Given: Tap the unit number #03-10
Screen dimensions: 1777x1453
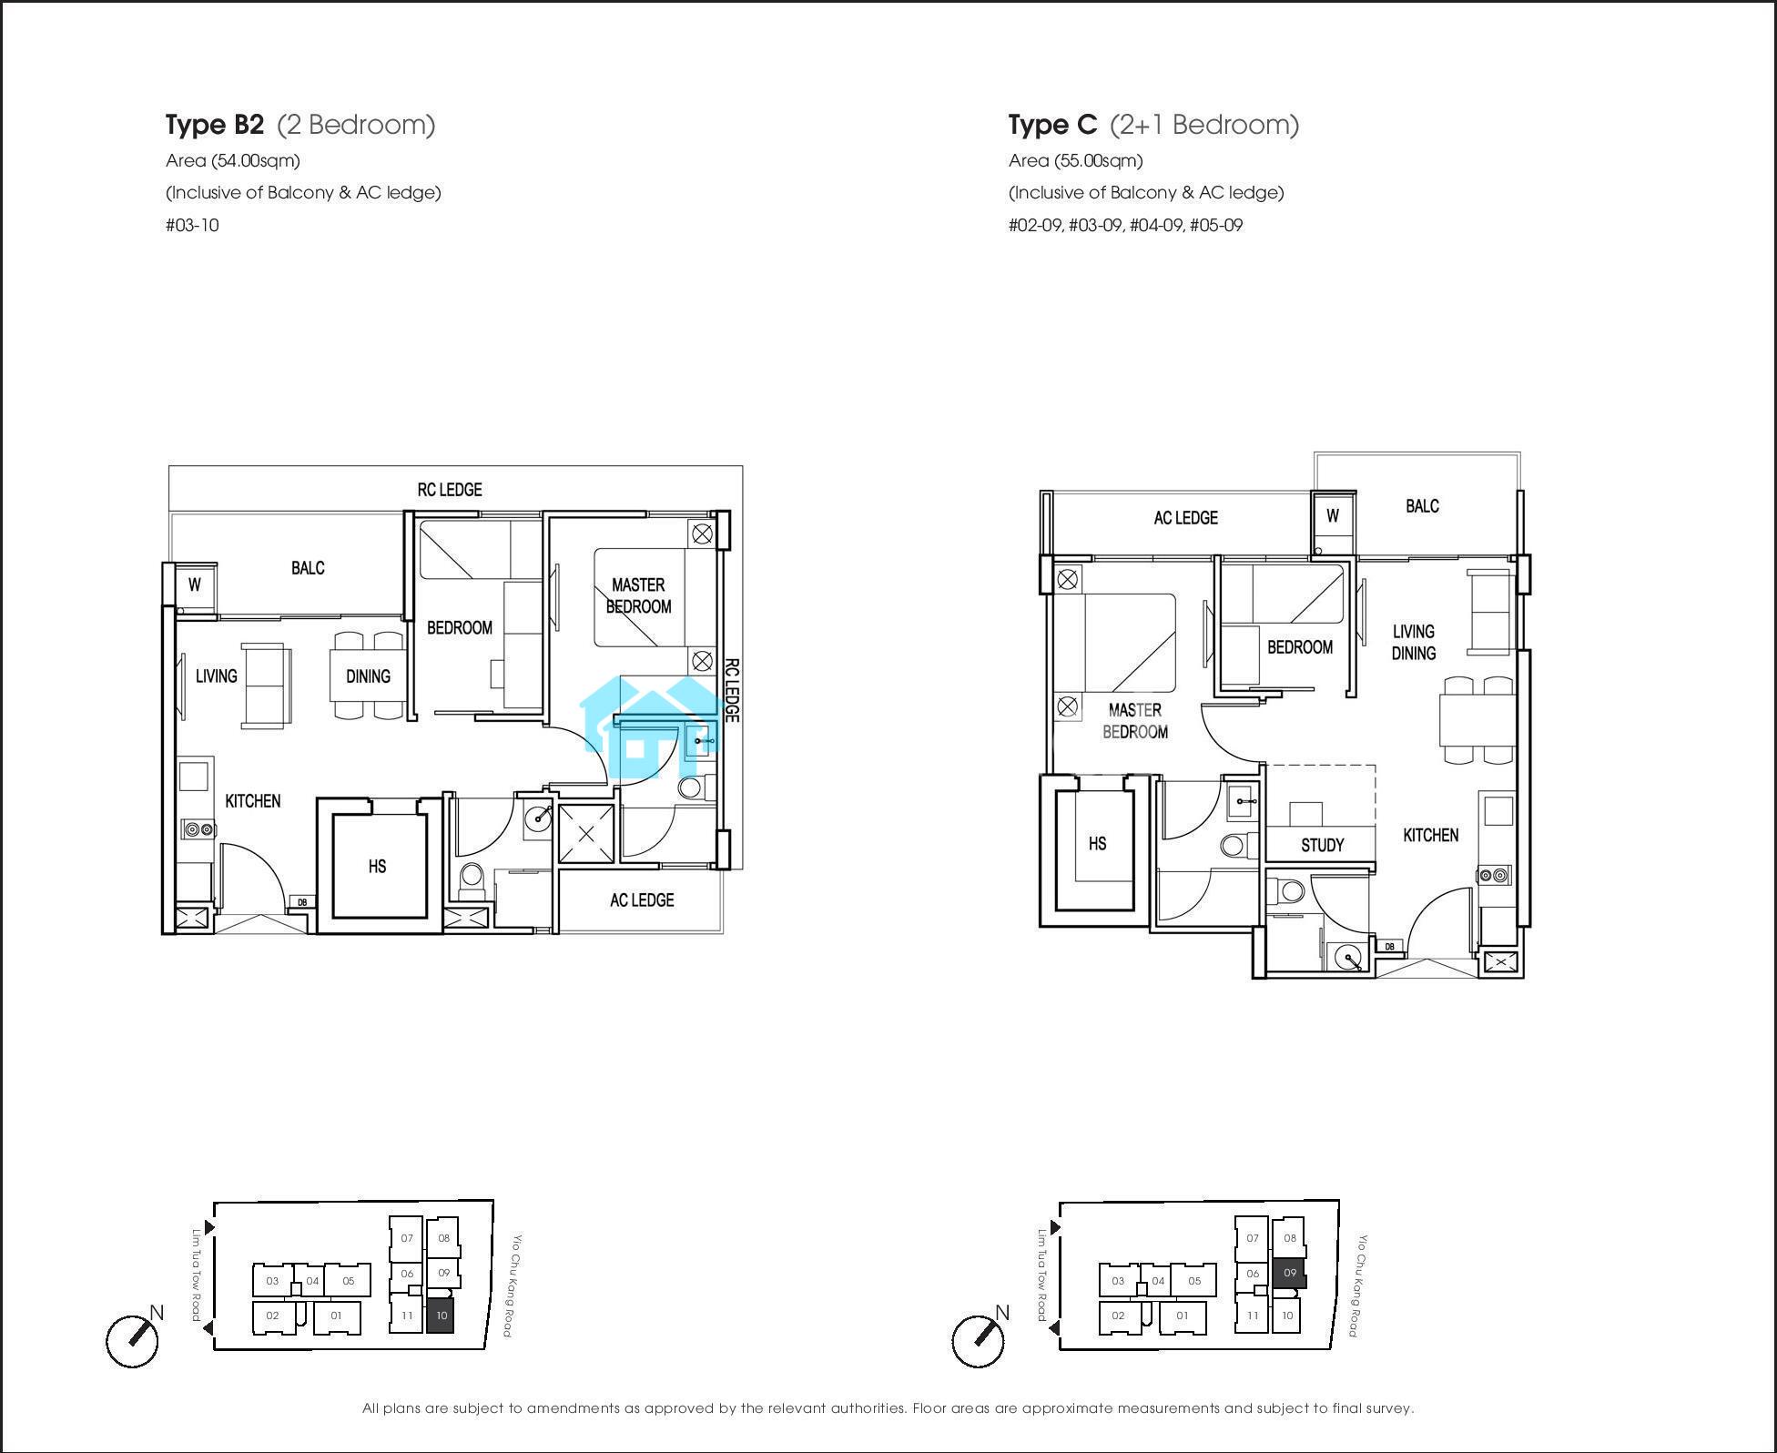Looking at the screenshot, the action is click(192, 225).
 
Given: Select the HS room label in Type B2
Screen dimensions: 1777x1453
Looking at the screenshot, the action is click(377, 866).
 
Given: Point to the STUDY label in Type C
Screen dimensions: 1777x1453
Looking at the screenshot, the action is click(1322, 845).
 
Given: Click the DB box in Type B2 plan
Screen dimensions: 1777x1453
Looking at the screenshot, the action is click(302, 902).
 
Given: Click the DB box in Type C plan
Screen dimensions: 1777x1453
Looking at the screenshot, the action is click(1389, 947).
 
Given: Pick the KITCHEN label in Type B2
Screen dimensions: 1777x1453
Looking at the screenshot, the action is click(253, 801).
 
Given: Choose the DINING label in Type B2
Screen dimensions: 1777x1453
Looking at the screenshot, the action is click(368, 676).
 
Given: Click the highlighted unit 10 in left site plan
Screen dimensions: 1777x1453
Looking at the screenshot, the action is click(441, 1316).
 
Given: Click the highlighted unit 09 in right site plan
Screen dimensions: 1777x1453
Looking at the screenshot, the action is click(1289, 1273).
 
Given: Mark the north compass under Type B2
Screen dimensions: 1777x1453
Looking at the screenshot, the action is click(133, 1339).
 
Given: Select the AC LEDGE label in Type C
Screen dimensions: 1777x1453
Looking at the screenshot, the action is click(1185, 518).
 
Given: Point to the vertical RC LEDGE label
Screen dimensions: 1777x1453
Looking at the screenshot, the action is click(732, 691).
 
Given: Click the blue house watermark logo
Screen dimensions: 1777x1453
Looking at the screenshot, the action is click(651, 728).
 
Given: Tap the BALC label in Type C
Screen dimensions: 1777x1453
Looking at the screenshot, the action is click(1422, 506).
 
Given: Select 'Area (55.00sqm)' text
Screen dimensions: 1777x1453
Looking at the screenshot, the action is click(1075, 161).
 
